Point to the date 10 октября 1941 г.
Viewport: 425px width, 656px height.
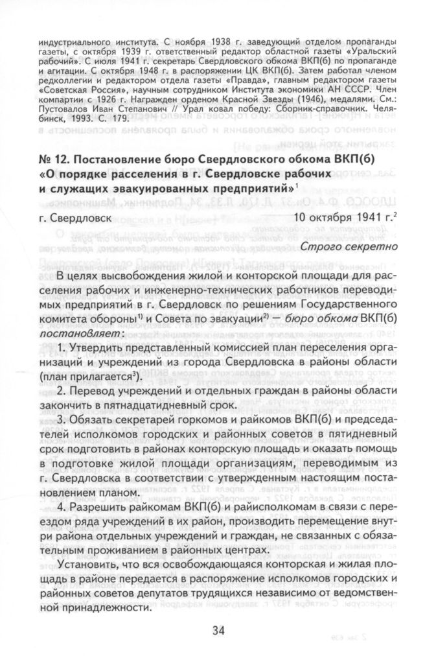click(x=339, y=218)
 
